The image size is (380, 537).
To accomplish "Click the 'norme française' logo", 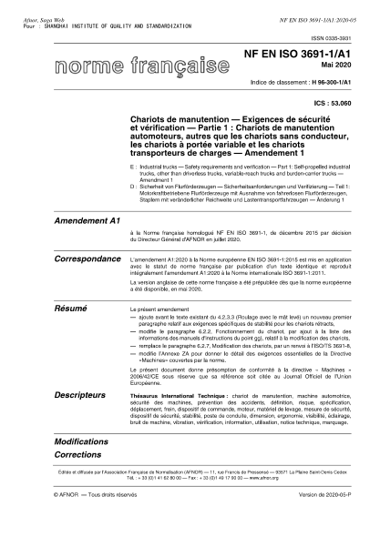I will (x=131, y=65).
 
